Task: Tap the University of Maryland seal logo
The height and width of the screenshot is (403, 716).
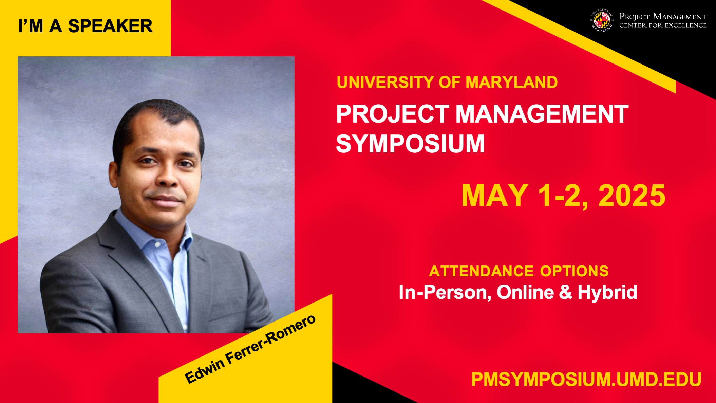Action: (602, 21)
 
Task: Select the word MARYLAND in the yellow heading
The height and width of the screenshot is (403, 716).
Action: (511, 82)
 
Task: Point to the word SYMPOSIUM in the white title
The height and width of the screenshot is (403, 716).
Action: (410, 144)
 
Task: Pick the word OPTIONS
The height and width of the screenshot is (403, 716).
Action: (574, 271)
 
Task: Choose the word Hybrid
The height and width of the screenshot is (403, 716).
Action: (607, 292)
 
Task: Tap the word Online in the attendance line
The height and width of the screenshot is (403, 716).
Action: (525, 292)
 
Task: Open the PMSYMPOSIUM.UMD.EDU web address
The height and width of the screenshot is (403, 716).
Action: (586, 379)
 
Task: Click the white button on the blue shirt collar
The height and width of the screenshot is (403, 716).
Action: (157, 244)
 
